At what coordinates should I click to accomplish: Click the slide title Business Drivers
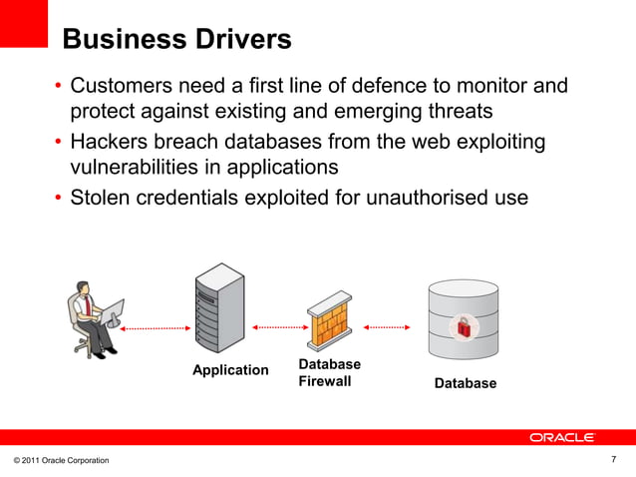pos(176,40)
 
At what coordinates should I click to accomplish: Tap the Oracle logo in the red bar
pos(562,437)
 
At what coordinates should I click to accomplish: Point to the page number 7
pos(613,458)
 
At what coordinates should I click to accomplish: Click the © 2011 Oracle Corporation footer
pos(62,459)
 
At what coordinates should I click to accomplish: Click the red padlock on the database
pos(464,324)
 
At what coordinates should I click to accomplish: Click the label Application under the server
pos(230,370)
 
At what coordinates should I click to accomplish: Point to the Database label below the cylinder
pos(465,383)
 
